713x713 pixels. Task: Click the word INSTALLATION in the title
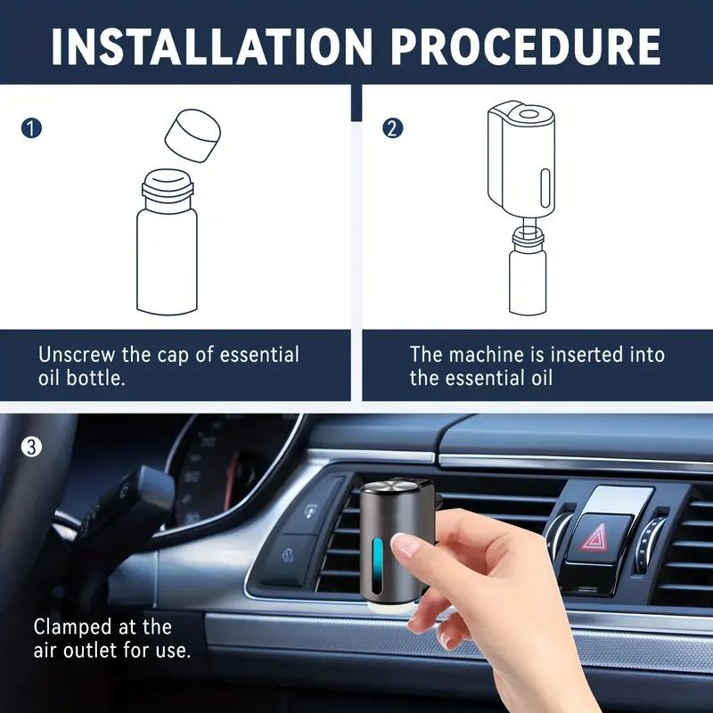pyautogui.click(x=206, y=45)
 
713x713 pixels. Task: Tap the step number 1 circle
pyautogui.click(x=31, y=127)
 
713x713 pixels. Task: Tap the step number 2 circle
pyautogui.click(x=392, y=127)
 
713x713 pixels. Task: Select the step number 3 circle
pyautogui.click(x=31, y=447)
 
